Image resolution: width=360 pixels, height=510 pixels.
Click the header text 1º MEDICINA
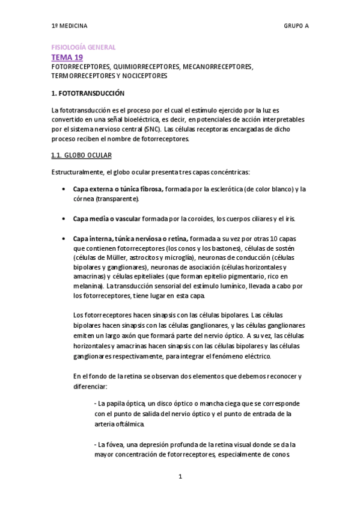[69, 26]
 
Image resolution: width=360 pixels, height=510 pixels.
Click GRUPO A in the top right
[296, 26]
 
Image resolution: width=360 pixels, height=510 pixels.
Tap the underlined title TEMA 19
[67, 57]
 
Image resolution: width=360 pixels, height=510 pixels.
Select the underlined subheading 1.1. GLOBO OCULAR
[81, 156]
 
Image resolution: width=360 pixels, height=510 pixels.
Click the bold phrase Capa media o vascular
[107, 218]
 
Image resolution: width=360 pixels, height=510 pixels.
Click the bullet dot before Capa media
[64, 218]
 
